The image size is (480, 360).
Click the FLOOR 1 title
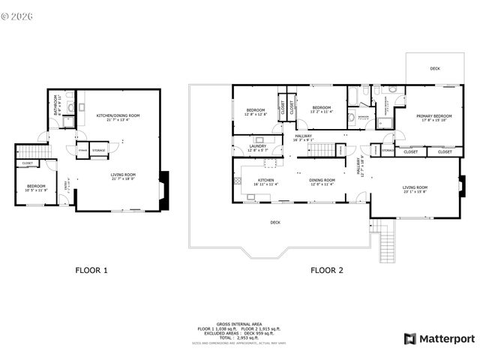(91, 270)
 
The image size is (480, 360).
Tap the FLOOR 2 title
(327, 270)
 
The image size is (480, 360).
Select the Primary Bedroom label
(434, 116)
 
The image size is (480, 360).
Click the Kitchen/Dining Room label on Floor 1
(118, 115)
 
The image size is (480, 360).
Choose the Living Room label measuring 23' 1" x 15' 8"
(415, 187)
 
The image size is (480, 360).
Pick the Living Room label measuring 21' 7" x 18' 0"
(118, 175)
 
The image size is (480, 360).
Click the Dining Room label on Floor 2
(322, 180)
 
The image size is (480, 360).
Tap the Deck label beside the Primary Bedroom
(435, 68)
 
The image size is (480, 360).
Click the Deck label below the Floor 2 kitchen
(275, 222)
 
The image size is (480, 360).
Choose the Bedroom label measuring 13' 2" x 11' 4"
(322, 108)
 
